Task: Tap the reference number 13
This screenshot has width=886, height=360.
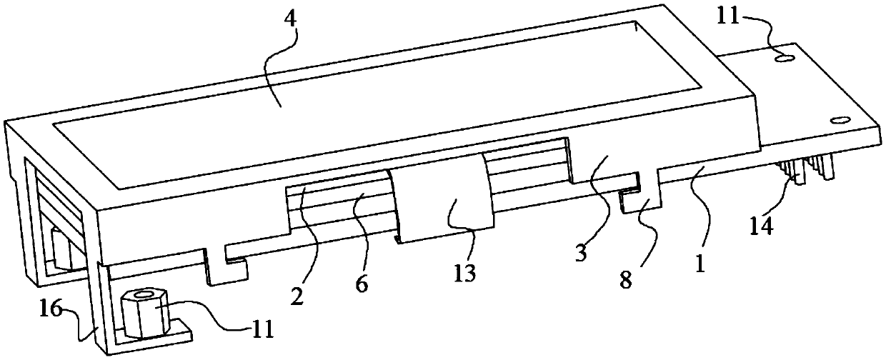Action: coord(464,274)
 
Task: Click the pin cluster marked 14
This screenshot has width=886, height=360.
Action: coord(804,171)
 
